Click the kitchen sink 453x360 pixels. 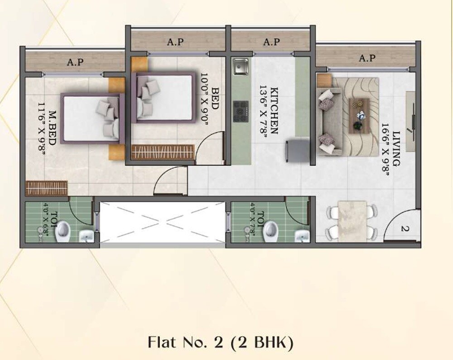[x=240, y=67]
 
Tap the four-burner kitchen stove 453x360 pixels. [x=241, y=111]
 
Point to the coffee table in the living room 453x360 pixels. [x=359, y=115]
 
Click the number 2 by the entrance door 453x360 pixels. [x=405, y=229]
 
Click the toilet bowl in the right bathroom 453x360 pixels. [x=271, y=230]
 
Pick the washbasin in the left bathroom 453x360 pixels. [x=86, y=236]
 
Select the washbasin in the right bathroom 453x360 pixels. [x=301, y=236]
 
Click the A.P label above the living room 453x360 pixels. [x=367, y=58]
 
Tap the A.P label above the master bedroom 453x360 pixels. [x=75, y=62]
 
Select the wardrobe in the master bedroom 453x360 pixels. [x=47, y=188]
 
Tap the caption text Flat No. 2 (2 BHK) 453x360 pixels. [x=221, y=342]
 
